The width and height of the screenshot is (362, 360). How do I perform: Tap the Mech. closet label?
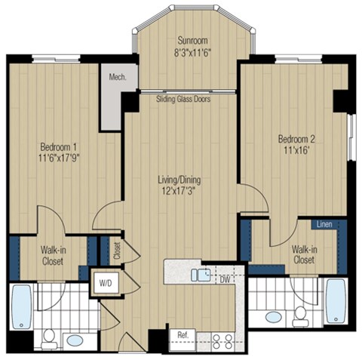coord(116,77)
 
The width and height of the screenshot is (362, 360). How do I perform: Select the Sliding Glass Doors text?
coord(183,99)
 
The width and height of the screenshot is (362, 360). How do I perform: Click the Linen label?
coord(325,225)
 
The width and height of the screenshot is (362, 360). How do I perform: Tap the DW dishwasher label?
coord(224,279)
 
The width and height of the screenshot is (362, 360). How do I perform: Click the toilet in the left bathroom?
coord(48,336)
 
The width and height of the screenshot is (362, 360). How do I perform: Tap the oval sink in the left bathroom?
coord(75,340)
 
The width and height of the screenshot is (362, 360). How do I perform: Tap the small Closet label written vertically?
coord(117,248)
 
